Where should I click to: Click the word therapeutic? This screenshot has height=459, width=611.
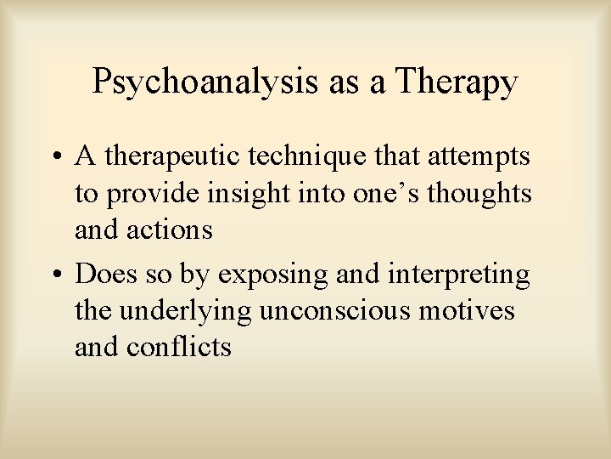[166, 157]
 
